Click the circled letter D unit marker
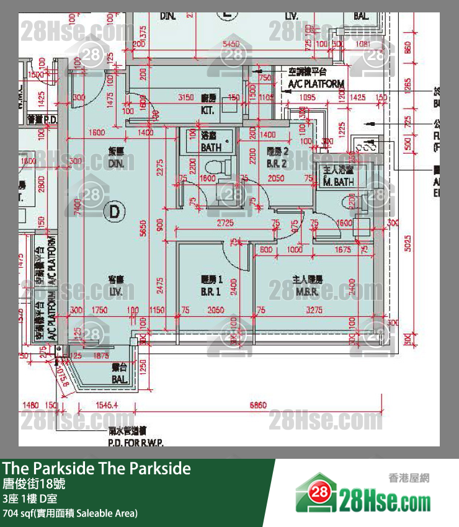114,212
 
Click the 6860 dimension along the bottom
258,405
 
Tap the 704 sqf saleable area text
70,513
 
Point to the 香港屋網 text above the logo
408,478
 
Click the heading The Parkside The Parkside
97,469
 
